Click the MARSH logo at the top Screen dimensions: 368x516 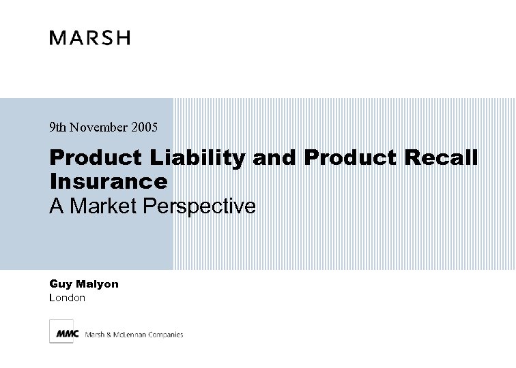pyautogui.click(x=89, y=37)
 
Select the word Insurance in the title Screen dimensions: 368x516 pyautogui.click(x=109, y=181)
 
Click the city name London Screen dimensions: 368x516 pyautogui.click(x=68, y=298)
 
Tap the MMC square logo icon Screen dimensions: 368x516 pyautogui.click(x=61, y=332)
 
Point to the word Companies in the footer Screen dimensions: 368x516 pyautogui.click(x=166, y=335)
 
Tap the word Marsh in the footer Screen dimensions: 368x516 pyautogui.click(x=94, y=335)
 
